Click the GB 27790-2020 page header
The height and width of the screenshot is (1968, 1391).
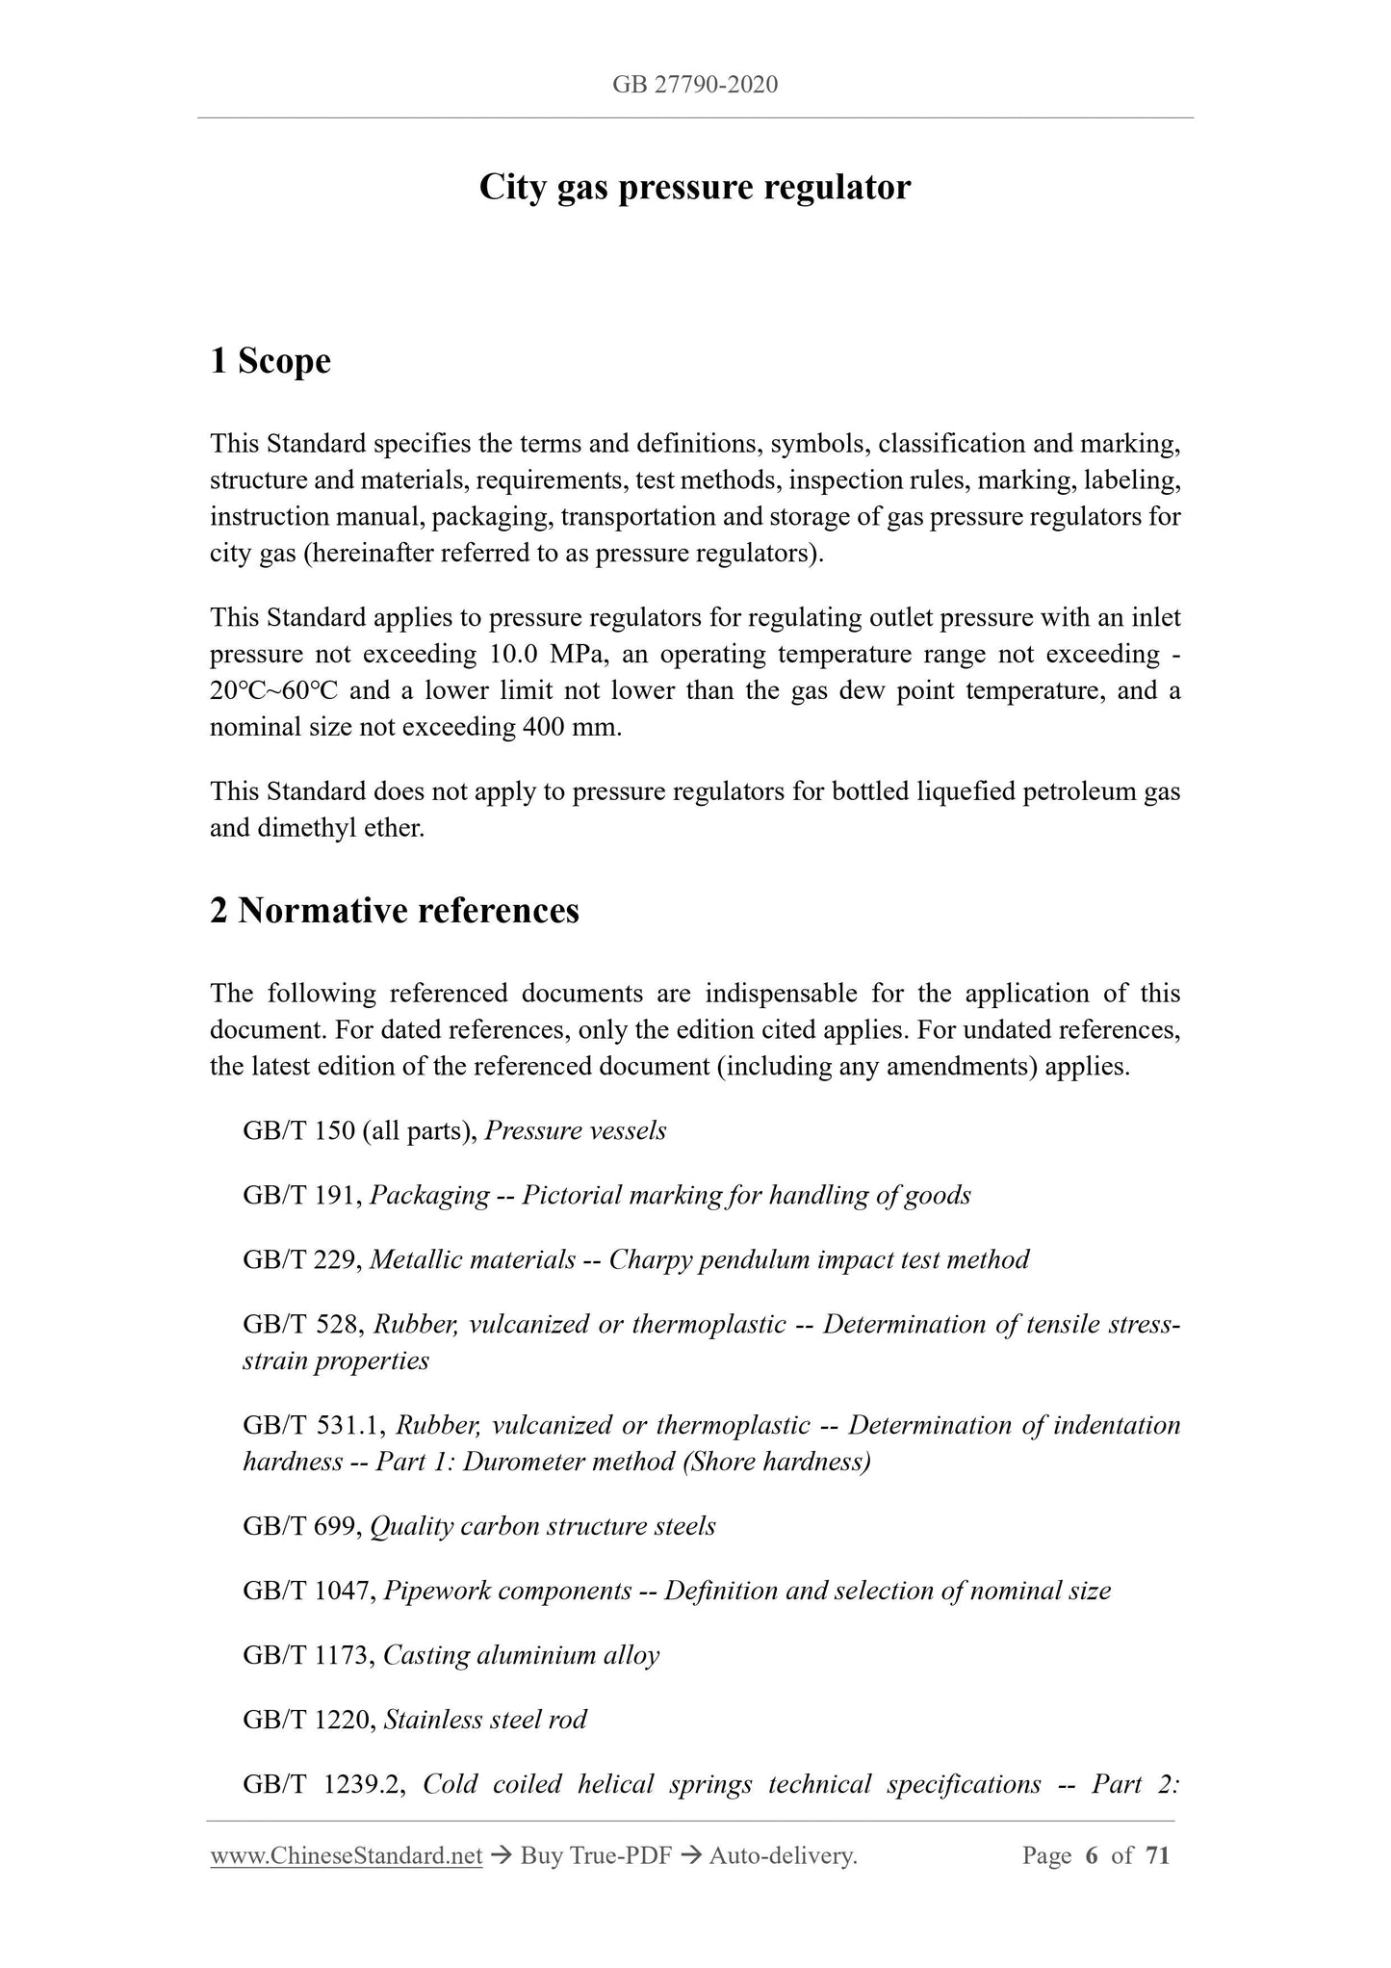point(694,85)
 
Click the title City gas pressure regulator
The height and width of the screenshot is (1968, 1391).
point(694,187)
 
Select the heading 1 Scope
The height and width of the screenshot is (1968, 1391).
point(270,361)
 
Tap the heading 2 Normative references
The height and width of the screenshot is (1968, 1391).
point(395,910)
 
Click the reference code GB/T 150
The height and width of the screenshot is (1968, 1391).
point(299,1130)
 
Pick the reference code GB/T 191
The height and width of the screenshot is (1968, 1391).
point(301,1195)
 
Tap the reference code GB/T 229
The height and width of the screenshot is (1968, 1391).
point(301,1259)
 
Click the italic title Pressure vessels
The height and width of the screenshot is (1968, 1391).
point(575,1130)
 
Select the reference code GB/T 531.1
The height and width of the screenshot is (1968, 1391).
point(314,1425)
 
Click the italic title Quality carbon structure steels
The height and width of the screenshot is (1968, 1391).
point(543,1526)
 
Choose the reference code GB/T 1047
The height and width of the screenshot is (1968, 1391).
point(308,1591)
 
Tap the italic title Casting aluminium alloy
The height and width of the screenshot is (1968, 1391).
point(521,1655)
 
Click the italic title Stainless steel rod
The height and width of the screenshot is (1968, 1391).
point(485,1720)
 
